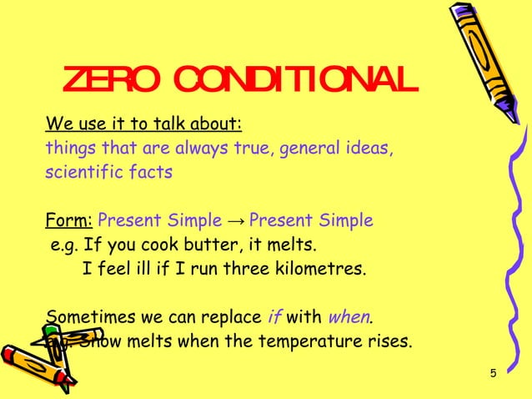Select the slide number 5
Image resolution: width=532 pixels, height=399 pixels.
pos(493,372)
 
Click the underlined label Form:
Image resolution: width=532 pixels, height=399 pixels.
pos(69,221)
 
